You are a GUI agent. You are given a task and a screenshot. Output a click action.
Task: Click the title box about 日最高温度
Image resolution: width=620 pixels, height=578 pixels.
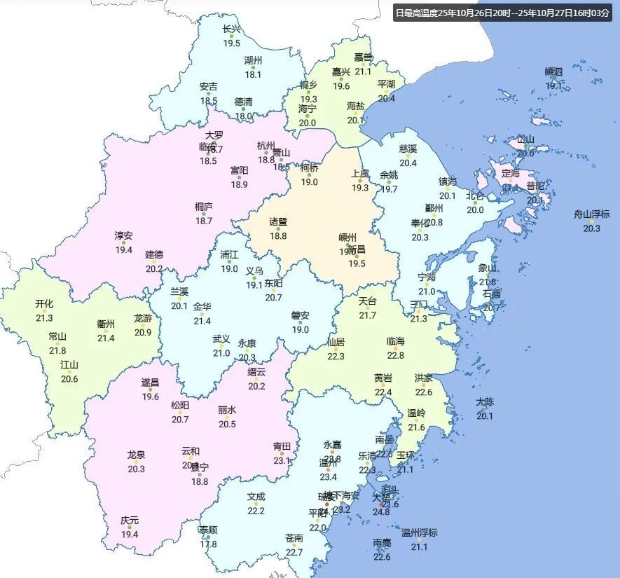click(502, 13)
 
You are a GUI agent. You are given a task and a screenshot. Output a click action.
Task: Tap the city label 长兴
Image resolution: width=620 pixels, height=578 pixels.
click(231, 29)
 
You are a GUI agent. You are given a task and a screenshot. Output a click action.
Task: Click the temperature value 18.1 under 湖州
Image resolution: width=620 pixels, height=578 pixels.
click(253, 74)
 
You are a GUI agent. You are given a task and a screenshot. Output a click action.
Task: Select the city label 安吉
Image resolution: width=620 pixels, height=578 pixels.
click(208, 87)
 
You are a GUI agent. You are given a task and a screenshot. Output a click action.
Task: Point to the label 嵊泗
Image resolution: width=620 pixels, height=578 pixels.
click(553, 71)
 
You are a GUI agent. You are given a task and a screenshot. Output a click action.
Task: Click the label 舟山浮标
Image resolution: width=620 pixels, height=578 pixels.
click(592, 214)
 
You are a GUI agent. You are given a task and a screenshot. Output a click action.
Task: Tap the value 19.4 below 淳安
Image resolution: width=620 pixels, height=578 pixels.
click(124, 250)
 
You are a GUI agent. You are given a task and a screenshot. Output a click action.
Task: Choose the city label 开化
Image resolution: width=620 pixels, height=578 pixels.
click(44, 304)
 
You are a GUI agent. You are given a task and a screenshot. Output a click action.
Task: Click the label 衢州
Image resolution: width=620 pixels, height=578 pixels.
click(106, 324)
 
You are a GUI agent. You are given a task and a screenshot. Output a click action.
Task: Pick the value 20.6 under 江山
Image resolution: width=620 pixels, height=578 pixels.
click(69, 380)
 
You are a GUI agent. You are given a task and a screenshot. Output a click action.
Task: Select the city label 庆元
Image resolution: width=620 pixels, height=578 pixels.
click(130, 521)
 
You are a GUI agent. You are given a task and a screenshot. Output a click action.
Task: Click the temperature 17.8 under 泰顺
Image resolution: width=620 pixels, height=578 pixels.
click(208, 544)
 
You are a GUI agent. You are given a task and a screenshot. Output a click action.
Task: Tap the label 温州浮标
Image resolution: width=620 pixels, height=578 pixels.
click(419, 533)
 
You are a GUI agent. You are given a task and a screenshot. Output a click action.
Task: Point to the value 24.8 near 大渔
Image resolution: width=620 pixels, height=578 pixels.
click(381, 512)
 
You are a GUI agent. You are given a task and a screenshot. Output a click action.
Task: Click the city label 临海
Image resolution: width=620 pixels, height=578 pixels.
click(396, 342)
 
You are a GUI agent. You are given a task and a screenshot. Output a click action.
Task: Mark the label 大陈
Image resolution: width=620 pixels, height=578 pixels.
click(485, 402)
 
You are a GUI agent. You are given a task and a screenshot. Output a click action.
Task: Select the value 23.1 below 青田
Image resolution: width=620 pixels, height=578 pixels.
click(282, 461)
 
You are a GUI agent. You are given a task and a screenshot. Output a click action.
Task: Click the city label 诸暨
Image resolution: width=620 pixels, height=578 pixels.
click(279, 222)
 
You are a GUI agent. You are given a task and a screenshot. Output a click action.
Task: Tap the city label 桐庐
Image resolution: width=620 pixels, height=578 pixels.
click(204, 207)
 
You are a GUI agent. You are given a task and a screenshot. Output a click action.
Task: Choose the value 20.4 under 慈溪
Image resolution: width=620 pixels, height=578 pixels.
click(408, 163)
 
